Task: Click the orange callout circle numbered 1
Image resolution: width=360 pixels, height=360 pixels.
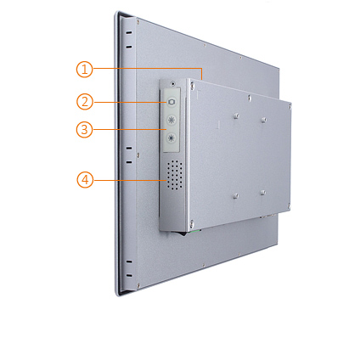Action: (84, 70)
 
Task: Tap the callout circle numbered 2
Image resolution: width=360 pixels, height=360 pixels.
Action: (85, 102)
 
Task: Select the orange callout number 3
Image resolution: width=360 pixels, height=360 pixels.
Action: (84, 130)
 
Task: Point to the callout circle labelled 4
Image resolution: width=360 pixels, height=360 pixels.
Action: (85, 180)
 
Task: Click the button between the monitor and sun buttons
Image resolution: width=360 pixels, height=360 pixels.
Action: (172, 120)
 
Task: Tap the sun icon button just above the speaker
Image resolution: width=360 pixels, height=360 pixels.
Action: (172, 138)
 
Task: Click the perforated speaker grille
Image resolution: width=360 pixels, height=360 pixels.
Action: (175, 175)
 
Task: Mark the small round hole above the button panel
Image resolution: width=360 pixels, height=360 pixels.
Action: (173, 83)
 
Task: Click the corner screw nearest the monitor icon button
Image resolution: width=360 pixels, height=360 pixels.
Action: (193, 84)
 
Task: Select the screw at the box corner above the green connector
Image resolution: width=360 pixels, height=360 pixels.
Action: (192, 223)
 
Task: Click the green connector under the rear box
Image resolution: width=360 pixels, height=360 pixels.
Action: (196, 231)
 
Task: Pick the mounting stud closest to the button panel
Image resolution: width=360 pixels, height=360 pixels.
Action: (236, 115)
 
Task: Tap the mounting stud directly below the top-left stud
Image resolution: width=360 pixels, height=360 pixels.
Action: (235, 195)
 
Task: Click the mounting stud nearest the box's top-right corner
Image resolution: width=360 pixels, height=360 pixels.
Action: (264, 120)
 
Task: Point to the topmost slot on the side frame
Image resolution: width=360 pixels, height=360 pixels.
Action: (129, 32)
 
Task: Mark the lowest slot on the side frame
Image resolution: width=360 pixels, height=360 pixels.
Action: (129, 275)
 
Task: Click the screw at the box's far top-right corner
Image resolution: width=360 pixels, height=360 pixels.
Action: (290, 107)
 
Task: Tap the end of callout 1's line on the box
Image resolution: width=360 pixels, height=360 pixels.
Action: (202, 79)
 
